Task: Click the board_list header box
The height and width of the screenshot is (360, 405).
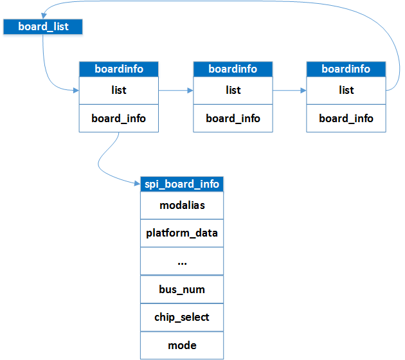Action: pos(43,27)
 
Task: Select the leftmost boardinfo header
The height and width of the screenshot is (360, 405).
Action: pos(119,69)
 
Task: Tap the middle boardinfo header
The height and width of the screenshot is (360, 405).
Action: pos(233,69)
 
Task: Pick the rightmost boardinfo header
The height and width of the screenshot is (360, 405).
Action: pos(346,69)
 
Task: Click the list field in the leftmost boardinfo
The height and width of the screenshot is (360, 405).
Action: pos(119,90)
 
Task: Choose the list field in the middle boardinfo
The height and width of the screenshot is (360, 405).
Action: pos(233,90)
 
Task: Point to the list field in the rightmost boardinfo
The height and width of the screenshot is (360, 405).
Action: pos(346,90)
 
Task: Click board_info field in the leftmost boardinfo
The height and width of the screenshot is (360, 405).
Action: pos(119,118)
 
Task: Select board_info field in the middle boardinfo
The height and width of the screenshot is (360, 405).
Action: pos(233,118)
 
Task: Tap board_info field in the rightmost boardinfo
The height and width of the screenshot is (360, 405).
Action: pos(346,118)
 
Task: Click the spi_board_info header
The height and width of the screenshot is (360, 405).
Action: pos(182,184)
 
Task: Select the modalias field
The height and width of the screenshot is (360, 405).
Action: pos(182,205)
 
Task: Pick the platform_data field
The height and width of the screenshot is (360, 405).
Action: pos(182,233)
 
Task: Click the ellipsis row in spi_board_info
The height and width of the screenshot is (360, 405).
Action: pos(182,261)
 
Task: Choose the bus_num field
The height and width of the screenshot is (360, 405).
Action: pos(182,289)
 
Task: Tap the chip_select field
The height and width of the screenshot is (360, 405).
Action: pos(182,317)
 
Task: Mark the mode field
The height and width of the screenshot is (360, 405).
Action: pos(182,345)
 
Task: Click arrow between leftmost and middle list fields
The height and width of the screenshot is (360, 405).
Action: pos(176,91)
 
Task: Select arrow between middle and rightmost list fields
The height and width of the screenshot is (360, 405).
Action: pos(289,91)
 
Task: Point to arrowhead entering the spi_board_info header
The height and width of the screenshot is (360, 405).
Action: pos(137,184)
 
